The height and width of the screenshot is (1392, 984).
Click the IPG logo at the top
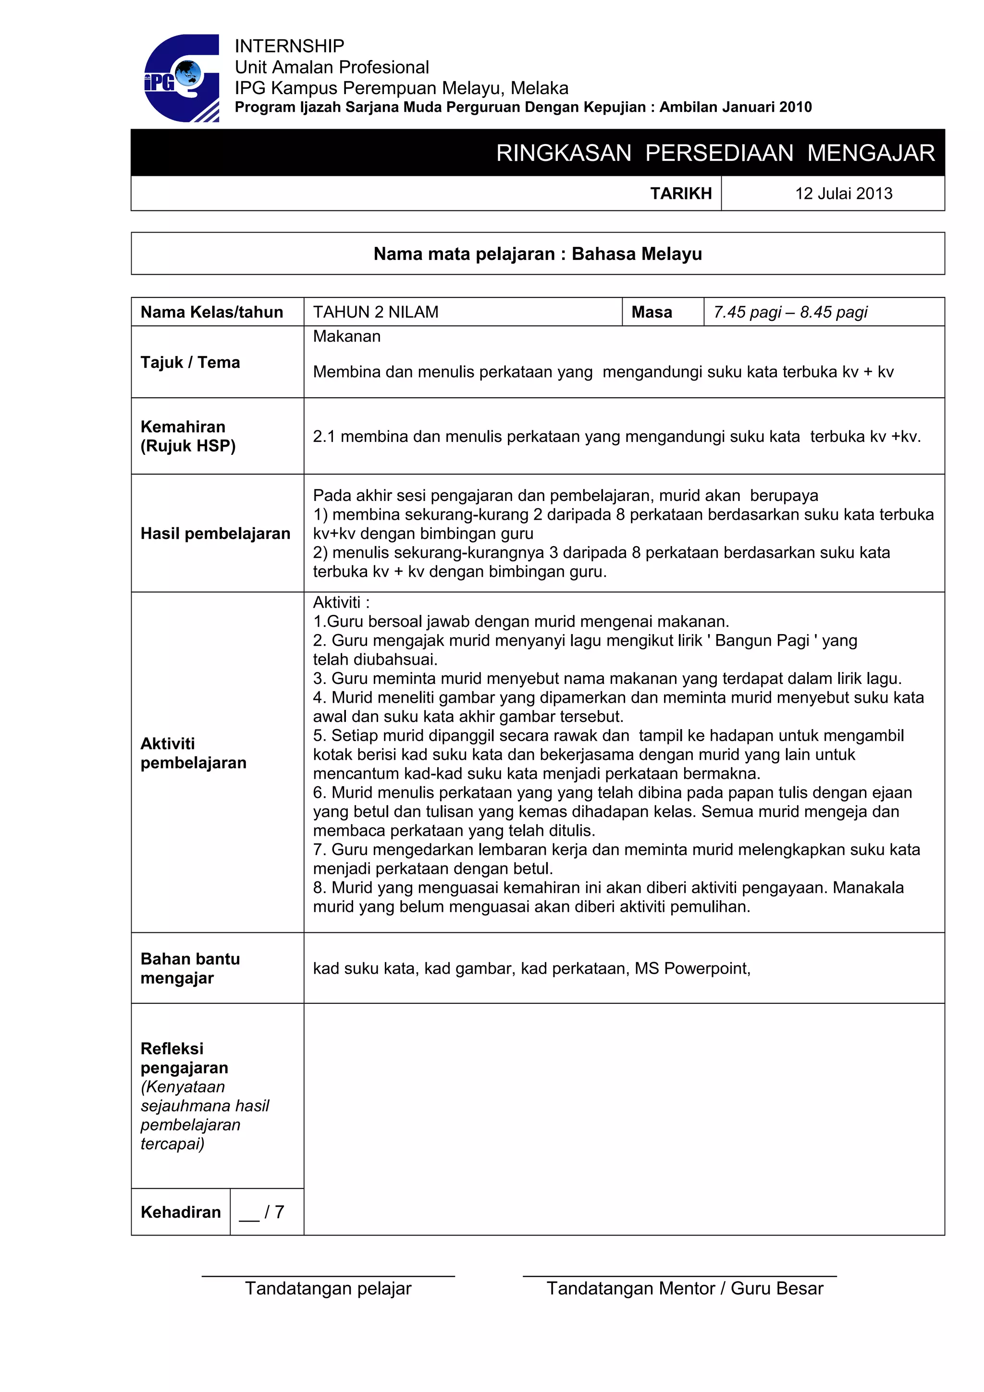(181, 78)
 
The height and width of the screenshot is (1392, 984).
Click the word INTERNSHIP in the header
(289, 46)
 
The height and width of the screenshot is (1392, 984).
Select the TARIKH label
(680, 194)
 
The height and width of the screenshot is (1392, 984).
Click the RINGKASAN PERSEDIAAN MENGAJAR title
(715, 153)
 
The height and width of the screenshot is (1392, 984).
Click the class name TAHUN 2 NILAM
(375, 312)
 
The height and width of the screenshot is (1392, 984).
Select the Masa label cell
(652, 312)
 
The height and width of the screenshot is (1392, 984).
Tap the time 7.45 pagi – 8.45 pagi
(789, 312)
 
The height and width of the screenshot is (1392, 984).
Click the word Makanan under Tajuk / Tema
(346, 337)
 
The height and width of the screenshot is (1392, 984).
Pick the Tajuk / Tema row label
(190, 362)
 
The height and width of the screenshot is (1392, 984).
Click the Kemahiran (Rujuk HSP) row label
(188, 436)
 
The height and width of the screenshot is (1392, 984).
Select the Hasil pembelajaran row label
(215, 534)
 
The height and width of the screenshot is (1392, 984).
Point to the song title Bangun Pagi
(762, 641)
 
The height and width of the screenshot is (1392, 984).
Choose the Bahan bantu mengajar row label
(190, 968)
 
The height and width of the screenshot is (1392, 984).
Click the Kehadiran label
(181, 1212)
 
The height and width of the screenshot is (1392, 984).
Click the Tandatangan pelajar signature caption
(328, 1288)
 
